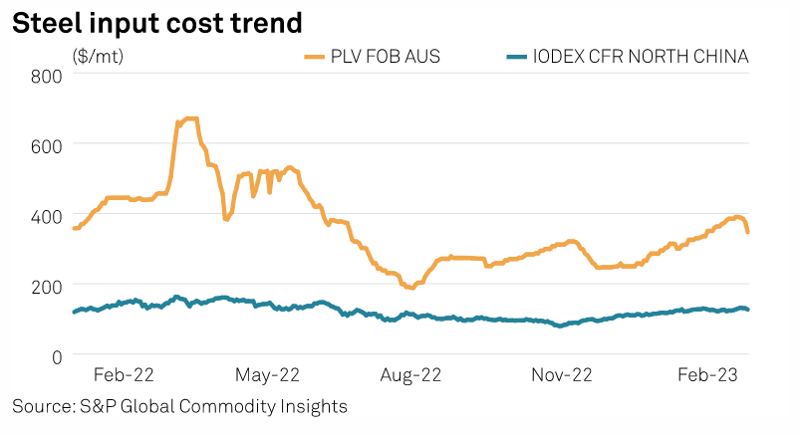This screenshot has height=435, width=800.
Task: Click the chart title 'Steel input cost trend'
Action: pos(156,22)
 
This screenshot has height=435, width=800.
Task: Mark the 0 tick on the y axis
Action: pos(57,355)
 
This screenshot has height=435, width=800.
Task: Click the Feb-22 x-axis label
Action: pos(124,375)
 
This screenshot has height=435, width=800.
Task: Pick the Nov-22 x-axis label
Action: pos(563,375)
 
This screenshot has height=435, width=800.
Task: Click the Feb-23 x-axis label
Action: pos(707,375)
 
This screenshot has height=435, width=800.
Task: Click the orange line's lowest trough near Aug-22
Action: pos(410,287)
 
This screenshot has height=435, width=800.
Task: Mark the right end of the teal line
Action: pos(748,310)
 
